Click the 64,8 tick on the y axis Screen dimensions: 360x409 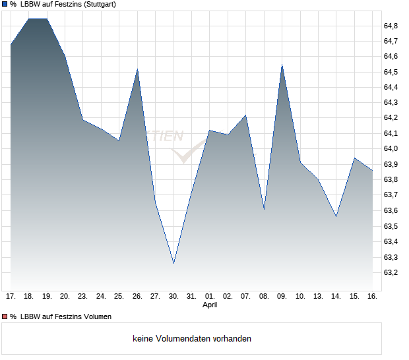391,26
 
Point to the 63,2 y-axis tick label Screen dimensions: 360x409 391,272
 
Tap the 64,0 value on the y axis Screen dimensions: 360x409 391,149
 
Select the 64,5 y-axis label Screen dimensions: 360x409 391,72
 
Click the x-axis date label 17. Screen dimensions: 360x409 11,296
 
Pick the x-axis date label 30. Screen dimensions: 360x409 173,296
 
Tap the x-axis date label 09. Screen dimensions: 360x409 282,296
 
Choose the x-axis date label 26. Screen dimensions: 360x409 137,296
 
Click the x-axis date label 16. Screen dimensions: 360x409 372,296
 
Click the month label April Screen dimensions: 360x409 210,305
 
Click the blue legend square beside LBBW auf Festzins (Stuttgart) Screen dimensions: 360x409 4,5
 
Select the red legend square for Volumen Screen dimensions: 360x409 4,316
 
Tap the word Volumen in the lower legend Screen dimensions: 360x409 96,316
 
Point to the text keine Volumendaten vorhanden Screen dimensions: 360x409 192,339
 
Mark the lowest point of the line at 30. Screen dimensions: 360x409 173,263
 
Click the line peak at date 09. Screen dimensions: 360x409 282,65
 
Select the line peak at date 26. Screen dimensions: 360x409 137,69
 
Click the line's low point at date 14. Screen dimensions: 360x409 336,216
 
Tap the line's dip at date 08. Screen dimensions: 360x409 264,209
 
